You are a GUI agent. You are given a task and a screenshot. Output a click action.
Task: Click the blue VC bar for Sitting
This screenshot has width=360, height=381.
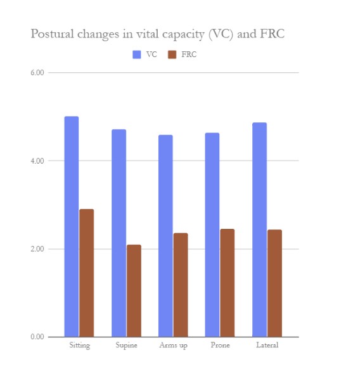coord(72,226)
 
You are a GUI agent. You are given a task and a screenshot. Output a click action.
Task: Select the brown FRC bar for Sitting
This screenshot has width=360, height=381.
coord(87,273)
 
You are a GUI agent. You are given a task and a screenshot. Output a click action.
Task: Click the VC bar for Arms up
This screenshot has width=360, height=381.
coord(165,236)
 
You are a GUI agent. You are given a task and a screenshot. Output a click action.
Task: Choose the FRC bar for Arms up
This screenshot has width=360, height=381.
coord(181,285)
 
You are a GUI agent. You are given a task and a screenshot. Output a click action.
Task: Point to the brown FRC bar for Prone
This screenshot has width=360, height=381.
coord(228,283)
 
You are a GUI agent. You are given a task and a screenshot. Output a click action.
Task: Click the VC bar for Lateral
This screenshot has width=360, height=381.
coord(259,229)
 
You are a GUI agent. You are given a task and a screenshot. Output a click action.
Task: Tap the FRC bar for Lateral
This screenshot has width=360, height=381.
coord(274,283)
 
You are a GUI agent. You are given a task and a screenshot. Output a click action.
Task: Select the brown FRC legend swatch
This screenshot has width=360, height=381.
coord(172,55)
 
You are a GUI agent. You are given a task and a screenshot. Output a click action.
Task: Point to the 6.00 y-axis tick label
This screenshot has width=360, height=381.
coord(37,73)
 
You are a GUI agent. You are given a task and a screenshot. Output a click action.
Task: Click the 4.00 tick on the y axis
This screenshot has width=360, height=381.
coord(37,161)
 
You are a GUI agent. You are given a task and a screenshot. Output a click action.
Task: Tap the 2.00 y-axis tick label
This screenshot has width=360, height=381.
coord(37,249)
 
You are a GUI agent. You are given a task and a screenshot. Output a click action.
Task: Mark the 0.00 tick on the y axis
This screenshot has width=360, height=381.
coord(37,337)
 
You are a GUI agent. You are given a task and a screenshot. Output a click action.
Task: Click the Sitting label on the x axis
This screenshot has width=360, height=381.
coord(80,345)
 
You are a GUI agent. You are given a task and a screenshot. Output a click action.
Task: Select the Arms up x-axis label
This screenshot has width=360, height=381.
coord(173,345)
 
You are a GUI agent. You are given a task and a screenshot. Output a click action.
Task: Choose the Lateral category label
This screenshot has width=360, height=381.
coord(267,345)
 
